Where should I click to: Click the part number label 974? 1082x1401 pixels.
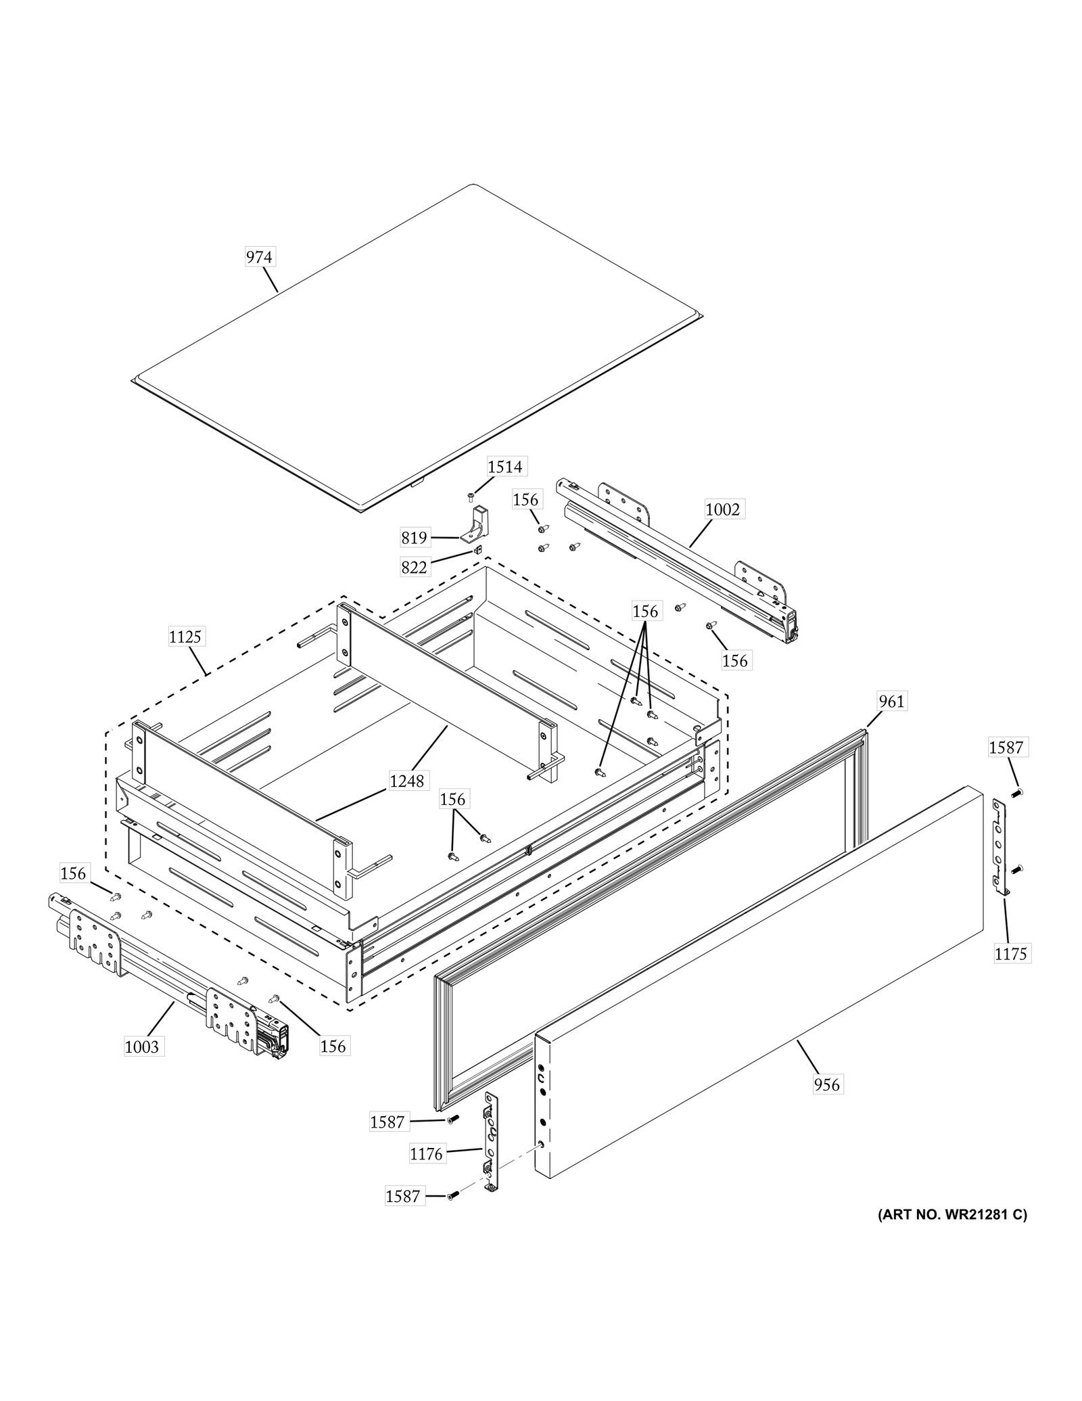(x=259, y=257)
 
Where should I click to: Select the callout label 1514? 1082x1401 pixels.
(x=505, y=466)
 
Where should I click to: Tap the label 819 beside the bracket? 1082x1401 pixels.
(x=414, y=538)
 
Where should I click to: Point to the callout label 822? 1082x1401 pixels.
(x=414, y=567)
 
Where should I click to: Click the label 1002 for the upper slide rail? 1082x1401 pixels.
(x=722, y=509)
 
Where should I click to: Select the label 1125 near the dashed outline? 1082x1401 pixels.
(x=185, y=637)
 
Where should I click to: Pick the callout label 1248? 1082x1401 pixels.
(x=407, y=781)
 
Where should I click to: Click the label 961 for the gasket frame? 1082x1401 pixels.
(x=891, y=702)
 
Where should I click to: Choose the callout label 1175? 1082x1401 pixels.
(x=1010, y=954)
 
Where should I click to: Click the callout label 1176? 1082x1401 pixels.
(x=426, y=1154)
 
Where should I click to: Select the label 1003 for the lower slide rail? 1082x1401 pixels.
(x=142, y=1047)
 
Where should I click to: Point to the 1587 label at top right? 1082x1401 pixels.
(x=1006, y=748)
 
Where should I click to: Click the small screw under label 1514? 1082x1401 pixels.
(x=471, y=498)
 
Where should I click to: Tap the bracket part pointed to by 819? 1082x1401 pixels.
(x=479, y=524)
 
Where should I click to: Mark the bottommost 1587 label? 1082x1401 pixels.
(x=402, y=1196)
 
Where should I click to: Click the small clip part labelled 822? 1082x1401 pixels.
(x=477, y=550)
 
